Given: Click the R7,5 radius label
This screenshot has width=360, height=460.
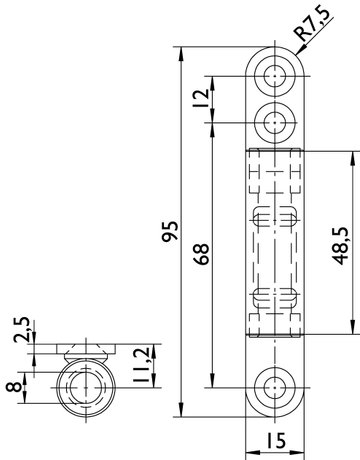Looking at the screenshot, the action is [x=312, y=23].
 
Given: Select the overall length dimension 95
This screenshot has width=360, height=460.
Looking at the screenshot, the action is [x=170, y=231].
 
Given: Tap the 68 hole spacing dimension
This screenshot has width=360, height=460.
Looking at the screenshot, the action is [x=202, y=254].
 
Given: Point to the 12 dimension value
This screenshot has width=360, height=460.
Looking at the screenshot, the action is [x=201, y=98].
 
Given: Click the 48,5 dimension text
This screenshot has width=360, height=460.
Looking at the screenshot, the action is [x=341, y=246].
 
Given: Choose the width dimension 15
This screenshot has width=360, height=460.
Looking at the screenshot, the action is [x=276, y=440].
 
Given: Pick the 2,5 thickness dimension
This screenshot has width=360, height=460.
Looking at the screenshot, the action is [x=22, y=330].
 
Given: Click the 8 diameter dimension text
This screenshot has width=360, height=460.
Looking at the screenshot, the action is [x=14, y=387].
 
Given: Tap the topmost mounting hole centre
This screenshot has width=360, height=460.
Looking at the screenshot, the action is [x=275, y=76].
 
